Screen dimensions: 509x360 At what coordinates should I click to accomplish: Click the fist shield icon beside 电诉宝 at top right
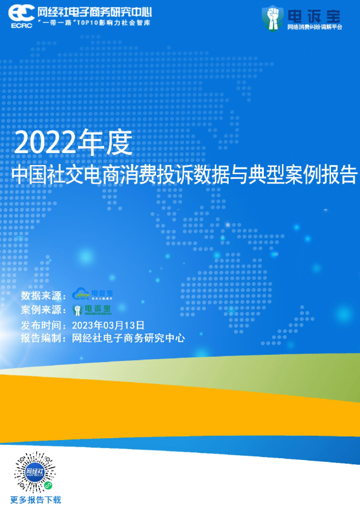(272, 18)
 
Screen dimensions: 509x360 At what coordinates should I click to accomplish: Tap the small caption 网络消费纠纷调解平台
(314, 27)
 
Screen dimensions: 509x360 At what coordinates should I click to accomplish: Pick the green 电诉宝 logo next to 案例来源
(91, 310)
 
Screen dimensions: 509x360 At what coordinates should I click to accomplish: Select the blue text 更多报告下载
(36, 500)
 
